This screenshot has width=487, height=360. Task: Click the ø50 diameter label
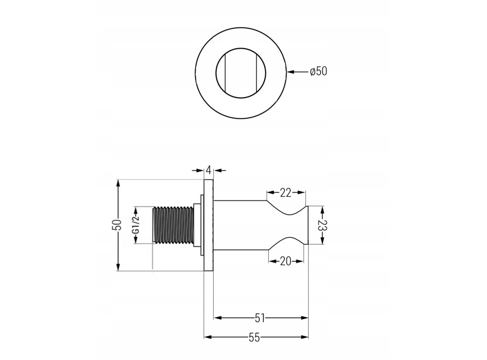pos(319,71)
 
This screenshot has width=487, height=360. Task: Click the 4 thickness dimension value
pos(209,170)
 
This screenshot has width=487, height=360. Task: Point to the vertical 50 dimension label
pos(118,225)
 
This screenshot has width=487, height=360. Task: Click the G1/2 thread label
pos(136,225)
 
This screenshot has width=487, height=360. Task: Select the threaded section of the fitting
pos(173,225)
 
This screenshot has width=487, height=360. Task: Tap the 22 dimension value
pos(285,193)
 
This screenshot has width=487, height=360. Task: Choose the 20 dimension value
pos(285,261)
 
